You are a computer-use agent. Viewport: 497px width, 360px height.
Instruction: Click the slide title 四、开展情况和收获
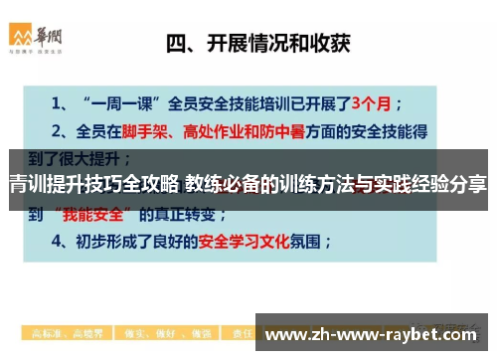click(263, 43)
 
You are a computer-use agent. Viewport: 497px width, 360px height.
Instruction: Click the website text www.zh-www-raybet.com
click(375, 333)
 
